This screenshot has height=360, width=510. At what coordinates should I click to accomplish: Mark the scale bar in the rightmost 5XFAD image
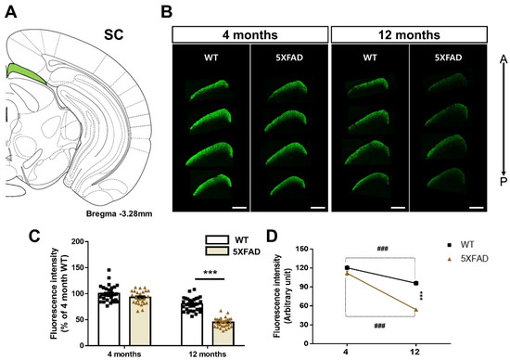click(476, 207)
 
